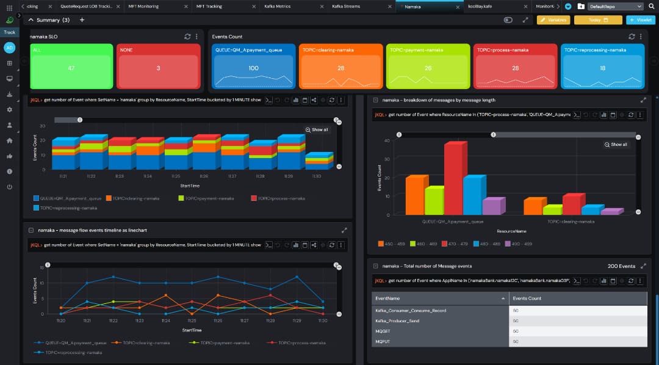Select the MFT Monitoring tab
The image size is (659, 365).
144,6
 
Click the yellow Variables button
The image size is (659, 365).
553,20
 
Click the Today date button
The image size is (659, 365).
599,20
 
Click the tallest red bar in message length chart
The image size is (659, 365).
453,177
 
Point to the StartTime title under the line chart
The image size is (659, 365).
191,330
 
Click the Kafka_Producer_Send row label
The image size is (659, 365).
402,320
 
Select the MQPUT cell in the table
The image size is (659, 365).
383,341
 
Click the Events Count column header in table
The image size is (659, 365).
527,298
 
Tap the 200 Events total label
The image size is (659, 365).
621,266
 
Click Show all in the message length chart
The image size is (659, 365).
616,145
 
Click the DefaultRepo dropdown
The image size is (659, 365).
615,6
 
